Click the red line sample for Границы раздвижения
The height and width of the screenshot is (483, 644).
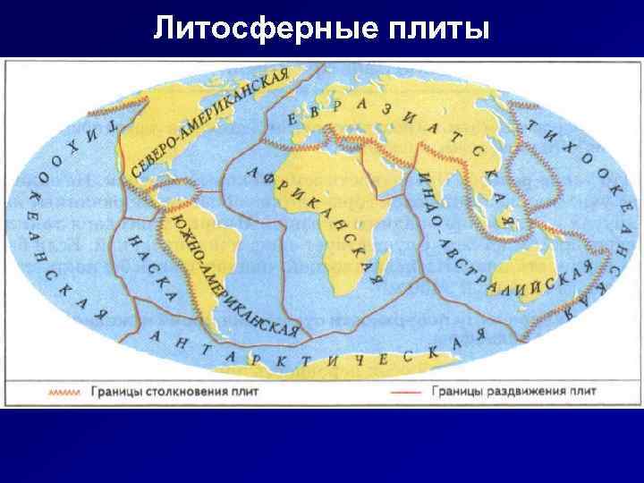point(404,390)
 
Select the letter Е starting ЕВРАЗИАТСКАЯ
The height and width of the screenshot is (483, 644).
point(291,118)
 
